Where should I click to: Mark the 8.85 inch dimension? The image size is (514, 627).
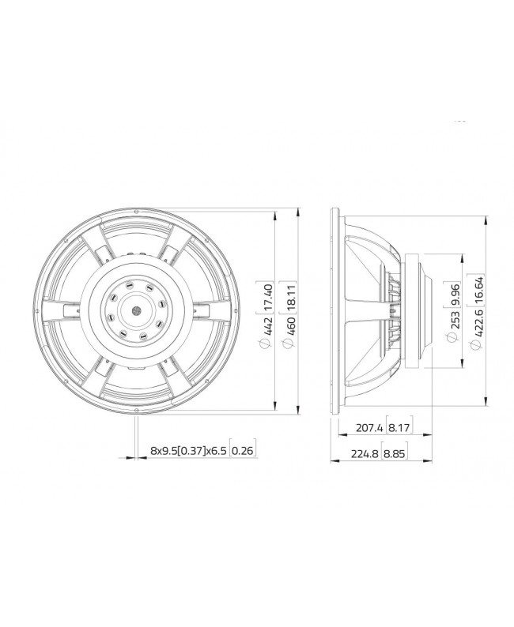point(399,456)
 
